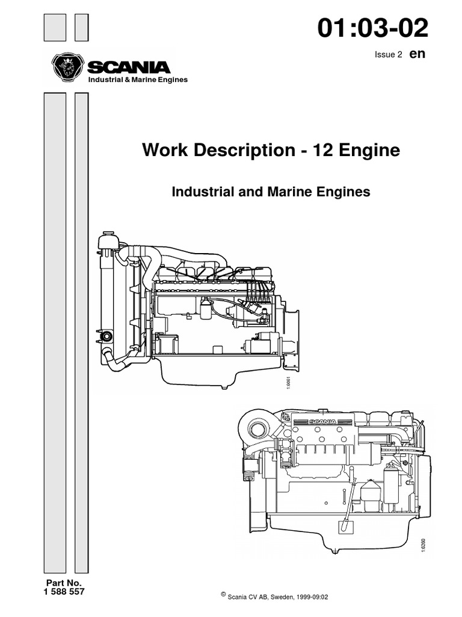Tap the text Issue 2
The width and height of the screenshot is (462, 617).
[388, 55]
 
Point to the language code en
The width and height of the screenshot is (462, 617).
[417, 54]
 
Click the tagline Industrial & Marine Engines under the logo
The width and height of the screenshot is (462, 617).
[138, 80]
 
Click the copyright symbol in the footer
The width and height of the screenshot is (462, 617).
[223, 594]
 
